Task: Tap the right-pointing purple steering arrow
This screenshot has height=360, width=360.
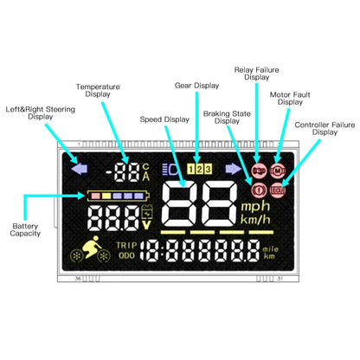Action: (233, 170)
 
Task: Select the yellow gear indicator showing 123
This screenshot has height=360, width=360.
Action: (198, 170)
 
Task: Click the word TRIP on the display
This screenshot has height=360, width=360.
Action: (126, 245)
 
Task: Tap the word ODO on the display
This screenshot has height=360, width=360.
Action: (126, 256)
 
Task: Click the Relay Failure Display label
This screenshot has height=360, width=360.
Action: (256, 72)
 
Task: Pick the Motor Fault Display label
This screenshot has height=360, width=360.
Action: (292, 97)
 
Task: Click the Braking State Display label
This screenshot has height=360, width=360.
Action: (227, 117)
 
